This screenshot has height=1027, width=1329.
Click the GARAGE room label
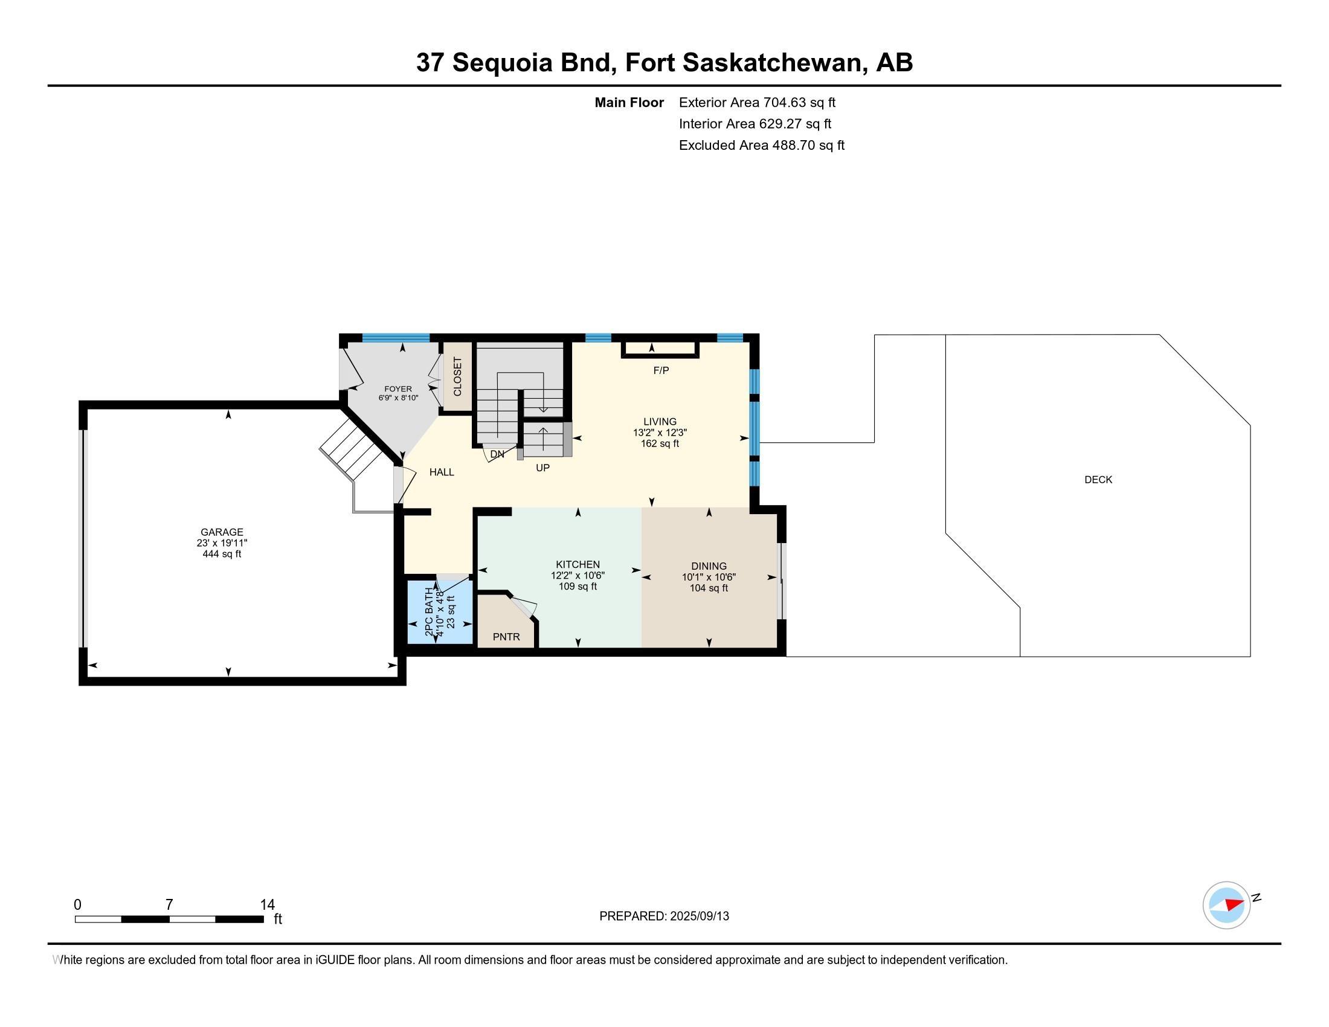(222, 532)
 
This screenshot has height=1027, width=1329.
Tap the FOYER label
(398, 389)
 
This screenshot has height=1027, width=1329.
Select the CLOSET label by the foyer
(458, 376)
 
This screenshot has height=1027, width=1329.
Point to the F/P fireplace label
(661, 370)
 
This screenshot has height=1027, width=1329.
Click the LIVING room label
(660, 421)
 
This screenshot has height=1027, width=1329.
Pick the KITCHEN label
(578, 564)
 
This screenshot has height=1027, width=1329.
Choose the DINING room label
(709, 566)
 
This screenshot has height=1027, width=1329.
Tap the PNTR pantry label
(506, 636)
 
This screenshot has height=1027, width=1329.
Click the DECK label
(1098, 480)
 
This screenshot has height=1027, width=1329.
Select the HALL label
(442, 472)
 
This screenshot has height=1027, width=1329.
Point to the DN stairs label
(497, 454)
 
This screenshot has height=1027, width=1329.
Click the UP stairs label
(542, 468)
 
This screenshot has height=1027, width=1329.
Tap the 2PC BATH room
(439, 613)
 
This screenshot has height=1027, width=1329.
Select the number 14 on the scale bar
(267, 905)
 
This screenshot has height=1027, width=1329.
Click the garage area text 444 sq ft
(222, 553)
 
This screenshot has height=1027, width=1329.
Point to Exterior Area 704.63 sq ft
(757, 102)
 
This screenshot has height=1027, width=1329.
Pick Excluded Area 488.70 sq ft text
(762, 145)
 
